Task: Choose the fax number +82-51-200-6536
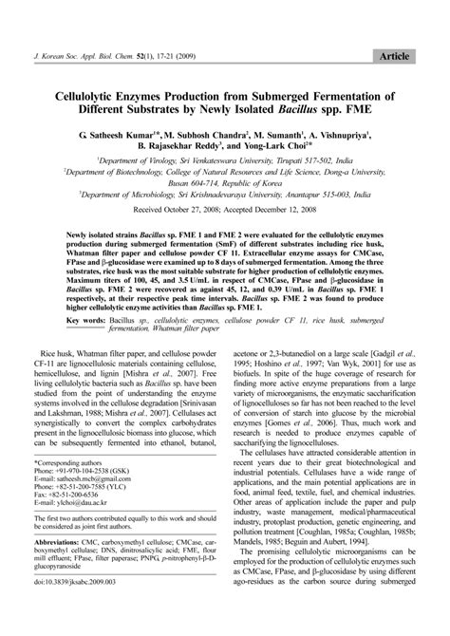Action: pyautogui.click(x=88, y=512)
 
